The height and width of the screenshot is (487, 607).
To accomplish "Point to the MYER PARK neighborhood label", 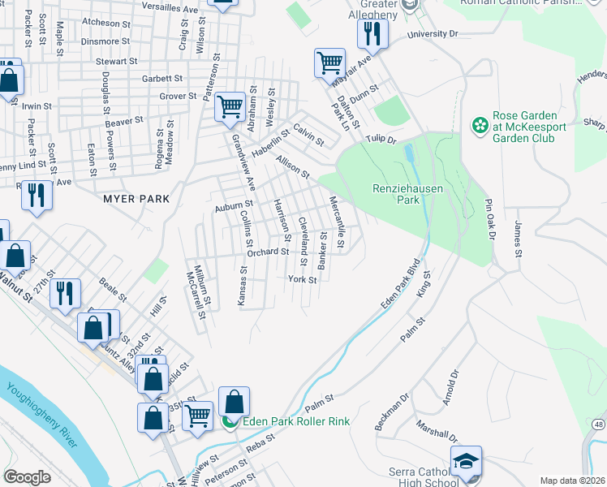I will (x=136, y=198).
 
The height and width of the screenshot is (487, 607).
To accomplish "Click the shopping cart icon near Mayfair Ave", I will (x=330, y=62).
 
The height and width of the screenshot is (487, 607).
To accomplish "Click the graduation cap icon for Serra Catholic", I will (x=467, y=461).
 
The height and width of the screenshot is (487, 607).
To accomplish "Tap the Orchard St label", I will (x=268, y=252).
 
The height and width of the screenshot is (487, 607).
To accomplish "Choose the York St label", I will (x=302, y=279).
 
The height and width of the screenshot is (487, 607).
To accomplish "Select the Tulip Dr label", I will (x=379, y=140).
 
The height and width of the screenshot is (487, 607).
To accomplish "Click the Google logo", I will (x=27, y=477).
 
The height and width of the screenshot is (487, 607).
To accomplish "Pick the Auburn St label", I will (x=235, y=207).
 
